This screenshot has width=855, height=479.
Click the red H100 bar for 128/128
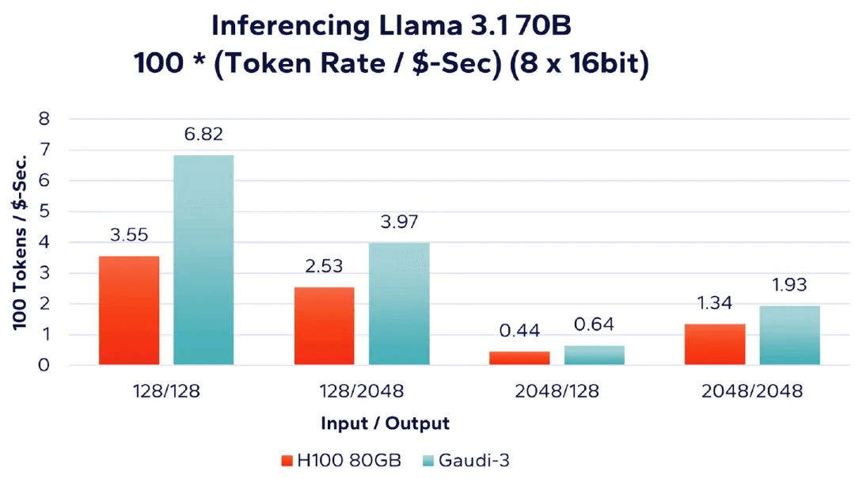tap(129, 310)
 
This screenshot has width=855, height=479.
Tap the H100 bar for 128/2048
tap(325, 325)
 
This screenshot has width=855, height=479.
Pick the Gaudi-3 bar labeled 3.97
tap(399, 303)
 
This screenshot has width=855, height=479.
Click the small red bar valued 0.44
tap(519, 358)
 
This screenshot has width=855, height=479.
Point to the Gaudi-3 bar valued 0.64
tap(594, 355)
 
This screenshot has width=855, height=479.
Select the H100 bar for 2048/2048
tap(715, 344)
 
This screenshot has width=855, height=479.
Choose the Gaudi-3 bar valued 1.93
tap(789, 335)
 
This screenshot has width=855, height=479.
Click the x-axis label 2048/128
tap(557, 391)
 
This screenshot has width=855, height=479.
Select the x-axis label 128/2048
tap(362, 391)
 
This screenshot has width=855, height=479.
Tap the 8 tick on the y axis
tap(44, 119)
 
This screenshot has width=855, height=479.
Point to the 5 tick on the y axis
tap(44, 211)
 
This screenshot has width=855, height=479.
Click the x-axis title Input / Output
tap(385, 424)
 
